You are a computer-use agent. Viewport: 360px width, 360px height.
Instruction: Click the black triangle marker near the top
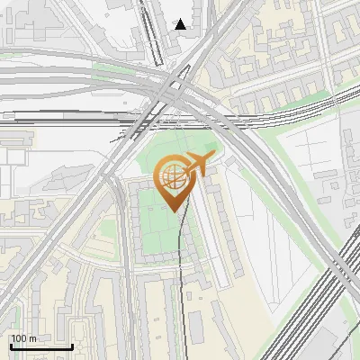pyautogui.click(x=181, y=24)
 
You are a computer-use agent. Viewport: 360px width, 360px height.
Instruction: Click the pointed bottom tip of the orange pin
pyautogui.click(x=173, y=211)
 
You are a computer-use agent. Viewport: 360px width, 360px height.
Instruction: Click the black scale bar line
pyautogui.click(x=41, y=346)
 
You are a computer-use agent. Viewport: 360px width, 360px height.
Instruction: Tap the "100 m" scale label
pyautogui.click(x=23, y=338)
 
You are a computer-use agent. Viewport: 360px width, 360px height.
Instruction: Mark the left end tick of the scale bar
pyautogui.click(x=10, y=345)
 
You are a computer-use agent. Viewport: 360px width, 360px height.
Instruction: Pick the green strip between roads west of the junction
pyautogui.click(x=108, y=68)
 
